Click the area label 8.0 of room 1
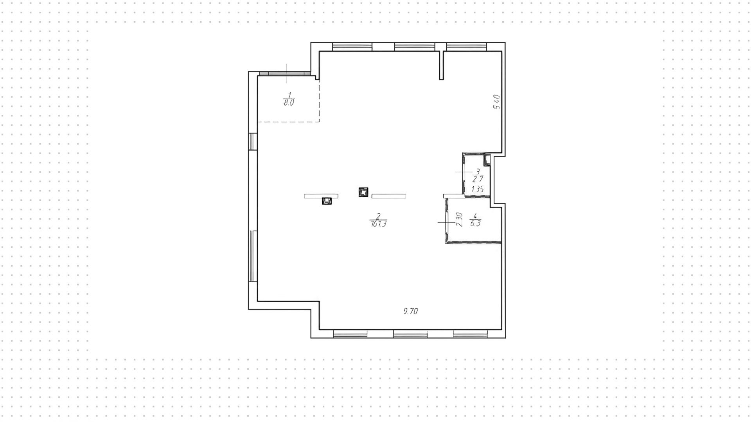click(x=289, y=103)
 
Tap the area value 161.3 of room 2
click(x=378, y=224)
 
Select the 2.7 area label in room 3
click(x=478, y=180)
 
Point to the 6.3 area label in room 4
click(x=475, y=224)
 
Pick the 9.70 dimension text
click(x=411, y=311)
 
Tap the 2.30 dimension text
click(x=459, y=220)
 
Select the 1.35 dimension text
click(x=478, y=189)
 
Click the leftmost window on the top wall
click(x=352, y=47)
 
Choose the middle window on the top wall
click(x=415, y=47)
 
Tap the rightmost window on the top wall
click(x=466, y=47)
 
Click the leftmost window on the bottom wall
click(x=350, y=334)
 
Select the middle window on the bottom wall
click(x=410, y=334)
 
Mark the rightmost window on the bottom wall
click(x=471, y=334)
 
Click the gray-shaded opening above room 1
click(x=284, y=74)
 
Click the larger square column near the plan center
click(x=363, y=192)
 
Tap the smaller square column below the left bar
click(x=327, y=201)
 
